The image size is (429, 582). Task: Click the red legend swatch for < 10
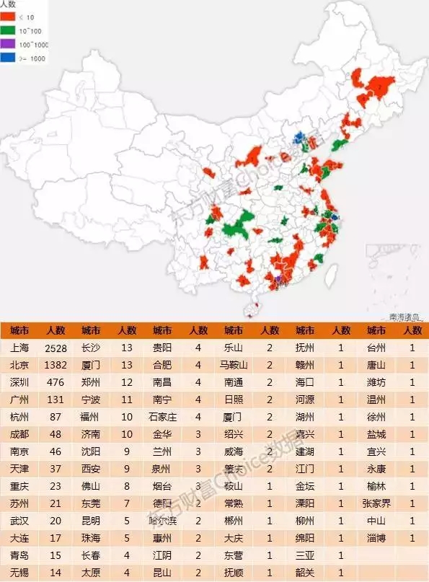[9, 16]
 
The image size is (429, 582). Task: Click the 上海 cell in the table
[20, 348]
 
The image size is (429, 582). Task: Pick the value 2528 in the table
[56, 348]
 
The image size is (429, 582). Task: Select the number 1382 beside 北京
[56, 365]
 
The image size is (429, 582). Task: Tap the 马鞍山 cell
[234, 365]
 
